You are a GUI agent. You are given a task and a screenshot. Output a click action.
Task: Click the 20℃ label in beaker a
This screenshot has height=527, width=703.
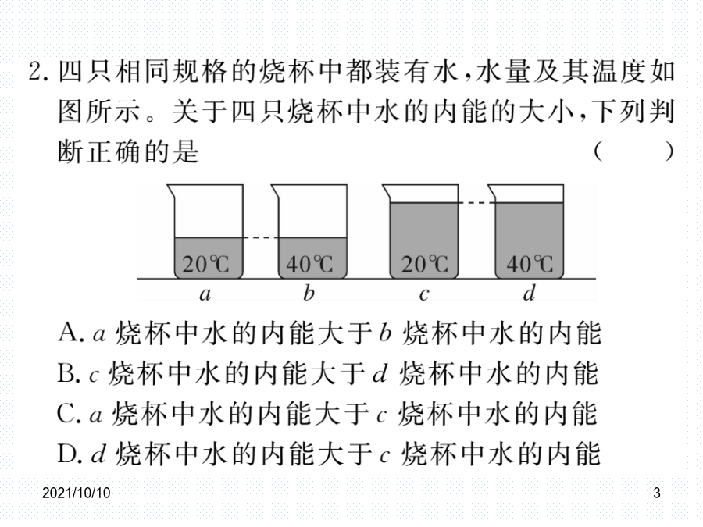[x=205, y=264]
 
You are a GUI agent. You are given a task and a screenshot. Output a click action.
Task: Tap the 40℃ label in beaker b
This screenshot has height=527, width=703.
[x=310, y=264]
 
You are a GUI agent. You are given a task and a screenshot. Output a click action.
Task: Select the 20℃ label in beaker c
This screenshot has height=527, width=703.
[x=425, y=264]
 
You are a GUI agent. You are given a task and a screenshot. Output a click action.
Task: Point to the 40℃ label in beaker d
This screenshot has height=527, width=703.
[x=530, y=264]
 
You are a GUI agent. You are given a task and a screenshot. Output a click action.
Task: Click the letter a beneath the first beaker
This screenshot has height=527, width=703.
[x=205, y=294]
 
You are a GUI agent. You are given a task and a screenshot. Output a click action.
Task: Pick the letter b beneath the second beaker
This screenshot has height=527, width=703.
[x=309, y=293]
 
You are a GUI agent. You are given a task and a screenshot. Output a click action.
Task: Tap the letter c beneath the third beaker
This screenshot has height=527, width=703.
[x=423, y=295]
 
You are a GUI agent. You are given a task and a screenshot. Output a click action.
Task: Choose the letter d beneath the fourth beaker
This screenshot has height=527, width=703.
[x=530, y=293]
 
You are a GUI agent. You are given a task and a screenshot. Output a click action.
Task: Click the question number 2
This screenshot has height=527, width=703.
[x=40, y=71]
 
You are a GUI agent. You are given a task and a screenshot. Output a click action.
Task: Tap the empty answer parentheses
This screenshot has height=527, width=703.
[x=634, y=151]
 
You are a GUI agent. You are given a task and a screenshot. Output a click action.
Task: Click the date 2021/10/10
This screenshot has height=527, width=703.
[x=77, y=493]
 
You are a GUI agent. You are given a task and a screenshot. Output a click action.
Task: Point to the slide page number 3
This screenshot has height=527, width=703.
[x=657, y=493]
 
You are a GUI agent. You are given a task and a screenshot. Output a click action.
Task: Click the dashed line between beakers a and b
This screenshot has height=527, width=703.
[x=261, y=238]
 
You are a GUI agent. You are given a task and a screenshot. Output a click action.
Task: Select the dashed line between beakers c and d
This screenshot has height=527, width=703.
[x=476, y=203]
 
